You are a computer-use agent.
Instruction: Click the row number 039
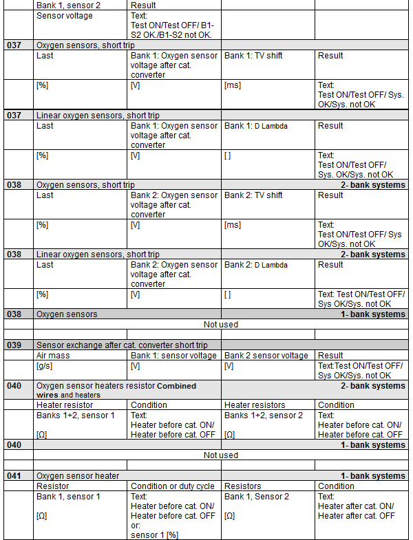pos(14,345)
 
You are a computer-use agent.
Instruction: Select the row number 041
pos(14,476)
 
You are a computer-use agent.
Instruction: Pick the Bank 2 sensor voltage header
pos(266,356)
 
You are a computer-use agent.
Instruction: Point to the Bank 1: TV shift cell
pos(253,56)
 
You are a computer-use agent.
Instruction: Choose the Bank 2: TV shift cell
pos(253,195)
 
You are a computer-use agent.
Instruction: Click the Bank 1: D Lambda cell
pos(256,126)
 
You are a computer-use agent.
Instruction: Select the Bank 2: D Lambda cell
pos(256,265)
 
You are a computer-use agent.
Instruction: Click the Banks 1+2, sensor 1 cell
pos(76,415)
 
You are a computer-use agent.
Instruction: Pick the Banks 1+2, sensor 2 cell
pos(264,415)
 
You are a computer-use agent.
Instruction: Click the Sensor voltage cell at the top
pos(64,16)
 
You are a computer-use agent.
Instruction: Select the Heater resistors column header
pos(255,405)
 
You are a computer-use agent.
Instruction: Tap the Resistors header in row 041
pos(243,486)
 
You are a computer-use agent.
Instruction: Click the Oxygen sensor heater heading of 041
pos(78,476)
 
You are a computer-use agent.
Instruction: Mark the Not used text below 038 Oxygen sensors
pos(221,324)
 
